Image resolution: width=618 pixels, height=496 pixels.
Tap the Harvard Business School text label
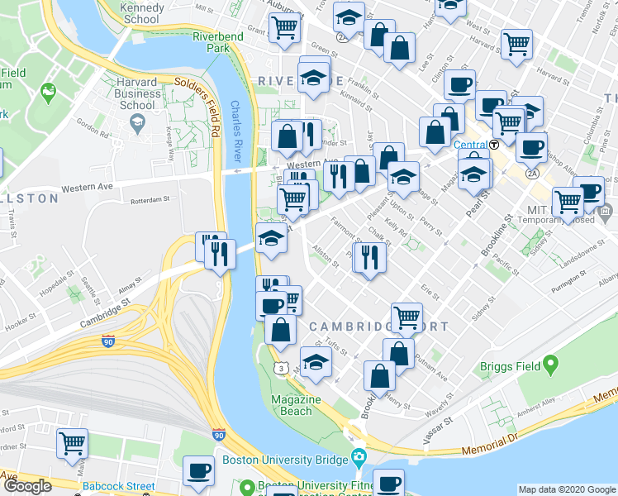[x=137, y=93]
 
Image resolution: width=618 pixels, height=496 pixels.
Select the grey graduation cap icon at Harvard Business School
[x=137, y=124]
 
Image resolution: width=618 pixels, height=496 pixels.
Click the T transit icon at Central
[x=494, y=144]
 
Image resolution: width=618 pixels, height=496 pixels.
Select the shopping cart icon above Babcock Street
[x=72, y=442]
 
